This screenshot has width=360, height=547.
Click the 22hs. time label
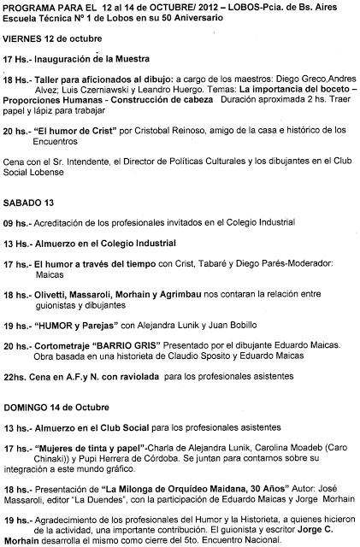[x=16, y=364]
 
